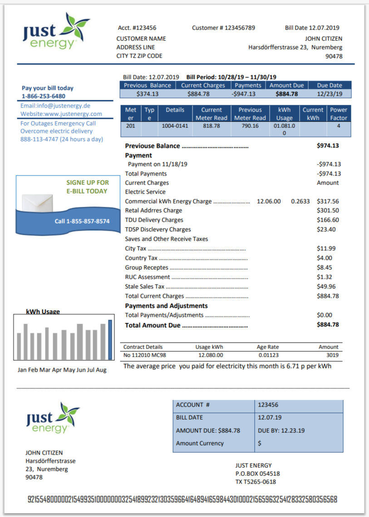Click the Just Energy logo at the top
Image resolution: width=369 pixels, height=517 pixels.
[x=56, y=32]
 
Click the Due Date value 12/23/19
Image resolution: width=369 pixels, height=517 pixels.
[x=330, y=94]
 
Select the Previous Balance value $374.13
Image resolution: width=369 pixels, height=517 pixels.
[x=148, y=94]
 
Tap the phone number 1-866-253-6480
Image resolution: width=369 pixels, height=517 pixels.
[x=44, y=96]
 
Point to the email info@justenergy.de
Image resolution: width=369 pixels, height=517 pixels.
[x=55, y=106]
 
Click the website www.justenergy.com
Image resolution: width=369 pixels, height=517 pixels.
[x=61, y=114]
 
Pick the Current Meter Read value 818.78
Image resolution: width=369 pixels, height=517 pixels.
[x=211, y=126]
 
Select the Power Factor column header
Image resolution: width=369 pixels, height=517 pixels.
[x=339, y=114]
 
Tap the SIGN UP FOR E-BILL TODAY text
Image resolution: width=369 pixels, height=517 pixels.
[x=87, y=187]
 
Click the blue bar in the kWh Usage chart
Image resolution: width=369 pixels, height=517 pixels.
[x=110, y=339]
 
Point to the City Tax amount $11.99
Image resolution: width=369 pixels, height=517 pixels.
[x=326, y=248]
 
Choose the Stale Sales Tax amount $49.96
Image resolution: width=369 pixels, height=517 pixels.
[x=326, y=286]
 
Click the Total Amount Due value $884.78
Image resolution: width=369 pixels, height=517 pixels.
[x=328, y=325]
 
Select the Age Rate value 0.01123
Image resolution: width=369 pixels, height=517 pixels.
[x=268, y=355]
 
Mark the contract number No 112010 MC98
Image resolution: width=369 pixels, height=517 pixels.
[x=142, y=355]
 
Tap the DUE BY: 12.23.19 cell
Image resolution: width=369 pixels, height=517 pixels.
[x=281, y=430]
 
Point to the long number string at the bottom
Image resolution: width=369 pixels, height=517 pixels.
[x=182, y=500]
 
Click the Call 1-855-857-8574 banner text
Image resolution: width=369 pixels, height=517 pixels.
[x=82, y=221]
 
